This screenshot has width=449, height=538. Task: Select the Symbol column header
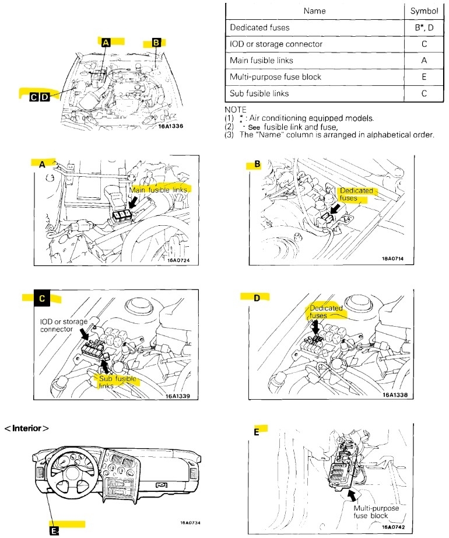pos(424,10)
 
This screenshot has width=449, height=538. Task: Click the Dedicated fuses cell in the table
pos(259,27)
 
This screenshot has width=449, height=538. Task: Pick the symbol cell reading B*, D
pos(424,27)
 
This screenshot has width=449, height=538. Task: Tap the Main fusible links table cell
pos(261,60)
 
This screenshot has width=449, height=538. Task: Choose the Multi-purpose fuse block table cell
pos(275,76)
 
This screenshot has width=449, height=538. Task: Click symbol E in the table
pos(424,76)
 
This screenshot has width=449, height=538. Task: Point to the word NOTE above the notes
pos(236,110)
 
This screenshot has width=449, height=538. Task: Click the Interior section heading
pos(27,428)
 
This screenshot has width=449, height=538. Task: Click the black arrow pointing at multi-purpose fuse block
pos(352,495)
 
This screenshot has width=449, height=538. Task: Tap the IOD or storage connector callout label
pos(64,325)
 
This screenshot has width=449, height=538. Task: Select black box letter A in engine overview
pos(106,43)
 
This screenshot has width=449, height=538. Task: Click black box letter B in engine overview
pos(156,43)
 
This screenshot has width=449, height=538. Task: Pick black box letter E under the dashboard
pos(54,531)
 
